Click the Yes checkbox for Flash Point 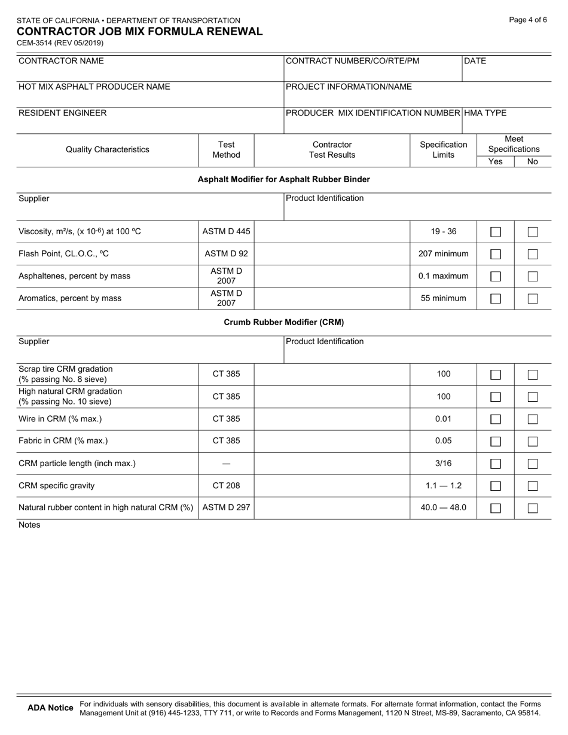coord(495,254)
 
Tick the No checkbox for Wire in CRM coord(533,419)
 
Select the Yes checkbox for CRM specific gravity coord(495,486)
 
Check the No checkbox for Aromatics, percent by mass coord(533,299)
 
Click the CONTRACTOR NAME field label coord(61,61)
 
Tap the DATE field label coord(475,61)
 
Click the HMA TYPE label coord(485,113)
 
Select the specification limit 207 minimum coord(443,254)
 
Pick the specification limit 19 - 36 coord(443,231)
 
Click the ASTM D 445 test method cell coord(226,231)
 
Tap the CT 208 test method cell coord(226,486)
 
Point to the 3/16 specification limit coord(443,463)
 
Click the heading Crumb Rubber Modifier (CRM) coord(283,322)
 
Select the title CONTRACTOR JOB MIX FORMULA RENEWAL coord(139,32)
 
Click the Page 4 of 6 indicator coord(528,20)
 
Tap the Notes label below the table coord(29,525)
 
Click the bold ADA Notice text coord(51,708)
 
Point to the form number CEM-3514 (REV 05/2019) coord(60,43)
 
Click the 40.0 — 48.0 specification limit coord(443,508)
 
